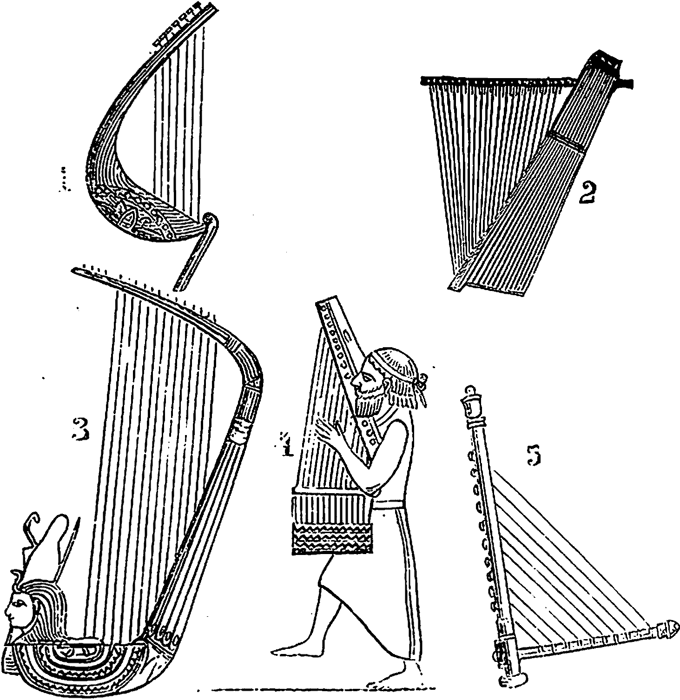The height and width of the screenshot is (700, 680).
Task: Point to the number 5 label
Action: [534, 456]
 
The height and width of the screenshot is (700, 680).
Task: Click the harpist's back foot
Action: [395, 679]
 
